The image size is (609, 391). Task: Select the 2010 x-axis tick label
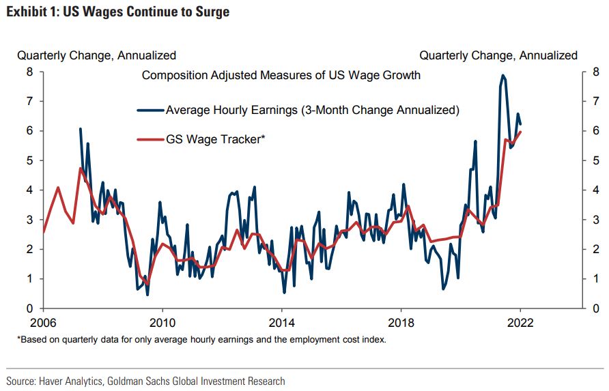pos(162,323)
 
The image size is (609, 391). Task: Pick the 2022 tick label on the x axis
pos(520,323)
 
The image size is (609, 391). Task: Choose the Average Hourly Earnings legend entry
pos(312,109)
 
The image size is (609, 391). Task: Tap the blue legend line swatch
pos(150,110)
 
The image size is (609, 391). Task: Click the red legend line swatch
pos(150,140)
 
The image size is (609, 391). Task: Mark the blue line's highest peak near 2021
pos(502,75)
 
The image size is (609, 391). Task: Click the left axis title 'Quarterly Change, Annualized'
pos(96,55)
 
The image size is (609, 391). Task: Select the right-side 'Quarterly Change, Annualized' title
pos(498,55)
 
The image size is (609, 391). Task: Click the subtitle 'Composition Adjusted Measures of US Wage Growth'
pos(281,75)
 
